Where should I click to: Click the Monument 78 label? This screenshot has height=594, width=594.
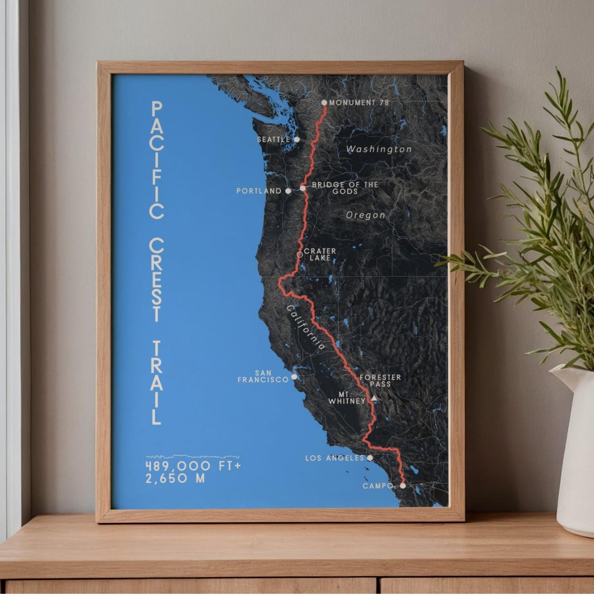(x=359, y=103)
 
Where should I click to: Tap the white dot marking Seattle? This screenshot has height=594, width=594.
(x=297, y=139)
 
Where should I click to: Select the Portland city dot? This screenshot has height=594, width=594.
(x=288, y=191)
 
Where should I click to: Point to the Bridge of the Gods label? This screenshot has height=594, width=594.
(x=345, y=188)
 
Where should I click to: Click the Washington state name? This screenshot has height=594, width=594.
(x=379, y=149)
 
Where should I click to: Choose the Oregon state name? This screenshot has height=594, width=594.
(x=366, y=215)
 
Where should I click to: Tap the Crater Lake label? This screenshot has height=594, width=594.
(x=320, y=254)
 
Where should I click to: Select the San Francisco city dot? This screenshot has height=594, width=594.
(x=294, y=377)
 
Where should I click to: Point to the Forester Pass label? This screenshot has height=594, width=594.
(x=380, y=381)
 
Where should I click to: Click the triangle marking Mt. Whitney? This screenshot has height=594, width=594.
(x=374, y=398)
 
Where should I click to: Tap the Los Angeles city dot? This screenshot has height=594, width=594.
(x=370, y=458)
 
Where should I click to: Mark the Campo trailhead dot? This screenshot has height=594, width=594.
(x=403, y=486)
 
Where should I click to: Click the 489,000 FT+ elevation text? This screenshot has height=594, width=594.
(x=194, y=466)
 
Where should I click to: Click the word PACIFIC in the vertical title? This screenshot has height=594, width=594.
(x=157, y=160)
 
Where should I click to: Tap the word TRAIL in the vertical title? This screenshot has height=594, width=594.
(x=157, y=382)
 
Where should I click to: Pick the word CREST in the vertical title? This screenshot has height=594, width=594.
(x=157, y=280)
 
